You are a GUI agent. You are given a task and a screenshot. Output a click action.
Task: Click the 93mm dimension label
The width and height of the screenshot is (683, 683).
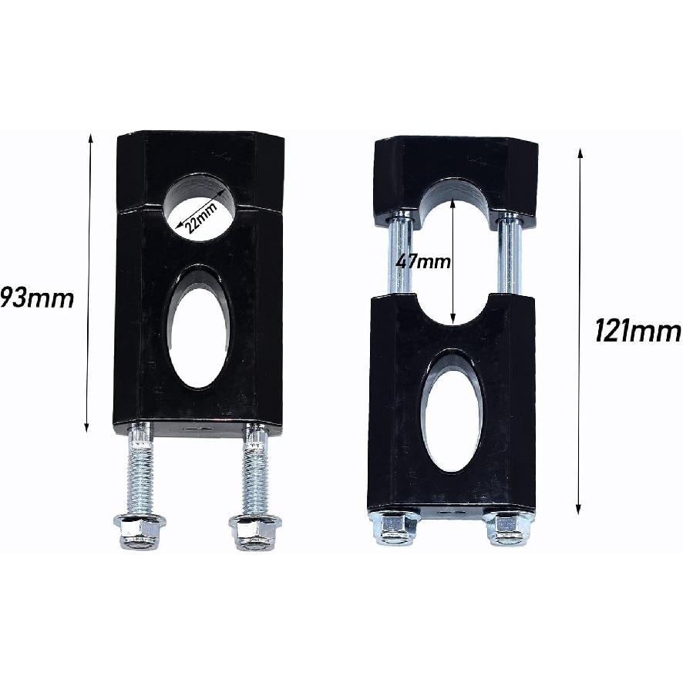37,298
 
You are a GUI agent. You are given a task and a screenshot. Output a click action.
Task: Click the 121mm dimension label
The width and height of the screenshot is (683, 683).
638,331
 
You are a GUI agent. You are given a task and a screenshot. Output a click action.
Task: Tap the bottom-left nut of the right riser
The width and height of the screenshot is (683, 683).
395,528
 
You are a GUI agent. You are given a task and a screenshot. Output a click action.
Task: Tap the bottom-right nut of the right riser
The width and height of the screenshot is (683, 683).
508,528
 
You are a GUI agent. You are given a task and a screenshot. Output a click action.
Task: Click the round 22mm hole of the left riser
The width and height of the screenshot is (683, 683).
201,204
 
